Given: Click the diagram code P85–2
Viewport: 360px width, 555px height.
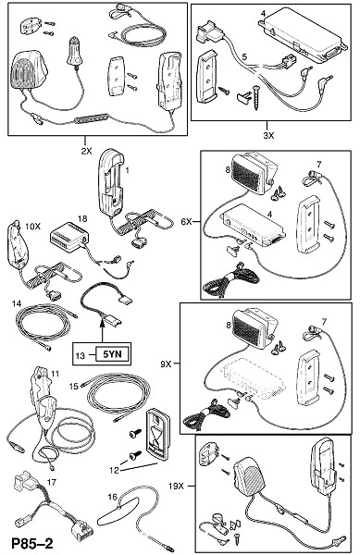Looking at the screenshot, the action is coord(32,544).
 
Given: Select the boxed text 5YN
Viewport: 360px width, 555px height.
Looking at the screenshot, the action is coord(113,354).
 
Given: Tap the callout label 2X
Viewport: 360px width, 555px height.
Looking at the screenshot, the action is coord(86,151).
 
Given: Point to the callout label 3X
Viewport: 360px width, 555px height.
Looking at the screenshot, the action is coord(268,135).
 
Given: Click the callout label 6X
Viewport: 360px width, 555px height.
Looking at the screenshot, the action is coord(187,222).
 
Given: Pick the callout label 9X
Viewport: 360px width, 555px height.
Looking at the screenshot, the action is coord(166,364).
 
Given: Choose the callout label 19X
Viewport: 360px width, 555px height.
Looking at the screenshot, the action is coord(176,486).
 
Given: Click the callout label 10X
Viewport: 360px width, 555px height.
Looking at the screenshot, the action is coord(33,226).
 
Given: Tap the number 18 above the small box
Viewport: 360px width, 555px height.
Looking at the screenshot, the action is coord(82,218).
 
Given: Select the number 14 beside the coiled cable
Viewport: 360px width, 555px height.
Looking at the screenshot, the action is coord(17,303).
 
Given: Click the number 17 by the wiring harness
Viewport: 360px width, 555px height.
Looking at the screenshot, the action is coord(52,482).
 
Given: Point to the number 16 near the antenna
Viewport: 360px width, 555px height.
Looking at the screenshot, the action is coord(112,497).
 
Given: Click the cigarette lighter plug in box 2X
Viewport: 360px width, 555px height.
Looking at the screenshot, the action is coord(74,52).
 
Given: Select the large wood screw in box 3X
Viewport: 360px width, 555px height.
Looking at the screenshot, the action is coord(255,96).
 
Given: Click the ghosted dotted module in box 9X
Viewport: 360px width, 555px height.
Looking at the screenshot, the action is coord(253,380).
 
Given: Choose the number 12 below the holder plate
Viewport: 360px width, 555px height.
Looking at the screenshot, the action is coord(115,470).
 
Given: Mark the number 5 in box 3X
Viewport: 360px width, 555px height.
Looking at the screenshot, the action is coord(244,56).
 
